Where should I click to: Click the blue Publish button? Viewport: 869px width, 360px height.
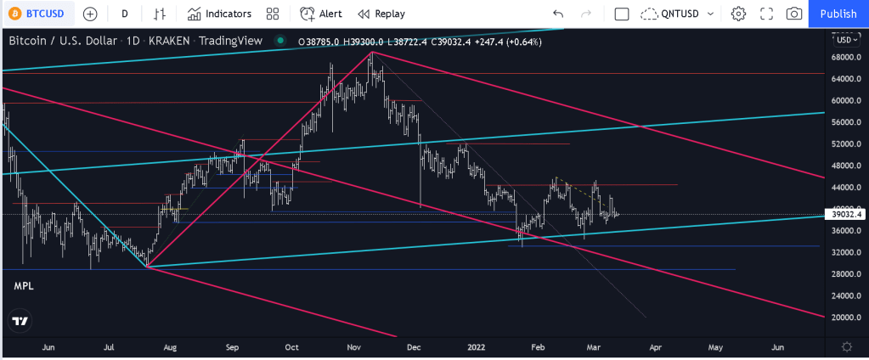[x=838, y=14]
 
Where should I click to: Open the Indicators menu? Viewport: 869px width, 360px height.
[x=219, y=14]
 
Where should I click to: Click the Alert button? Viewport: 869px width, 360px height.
[x=321, y=14]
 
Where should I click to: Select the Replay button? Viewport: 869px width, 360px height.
[x=381, y=14]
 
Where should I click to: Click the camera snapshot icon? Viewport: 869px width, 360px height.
[x=794, y=14]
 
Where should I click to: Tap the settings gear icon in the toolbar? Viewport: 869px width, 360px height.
[x=738, y=14]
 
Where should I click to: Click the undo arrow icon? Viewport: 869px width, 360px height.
[x=558, y=14]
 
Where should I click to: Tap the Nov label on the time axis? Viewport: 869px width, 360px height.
[x=353, y=347]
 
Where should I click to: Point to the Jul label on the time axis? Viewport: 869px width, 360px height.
[x=109, y=347]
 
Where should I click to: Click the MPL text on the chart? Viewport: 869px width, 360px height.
[x=24, y=287]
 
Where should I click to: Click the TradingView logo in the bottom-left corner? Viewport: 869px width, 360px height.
[x=20, y=321]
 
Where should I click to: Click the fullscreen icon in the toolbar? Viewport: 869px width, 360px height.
[x=766, y=14]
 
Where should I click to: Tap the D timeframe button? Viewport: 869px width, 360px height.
[x=125, y=14]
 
